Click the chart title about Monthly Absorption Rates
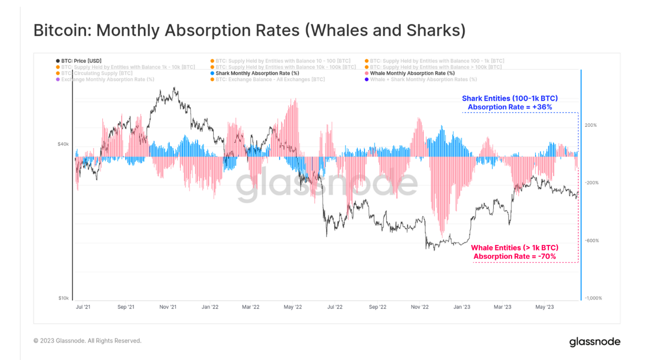[x=249, y=30]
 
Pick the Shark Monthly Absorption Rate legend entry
[x=257, y=73]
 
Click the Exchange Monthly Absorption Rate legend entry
[x=107, y=79]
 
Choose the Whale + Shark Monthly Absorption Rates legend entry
[x=423, y=79]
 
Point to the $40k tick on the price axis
[x=62, y=144]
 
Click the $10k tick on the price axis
[x=63, y=298]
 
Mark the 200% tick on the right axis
[x=591, y=125]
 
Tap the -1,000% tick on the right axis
[x=593, y=298]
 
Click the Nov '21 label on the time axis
[x=168, y=307]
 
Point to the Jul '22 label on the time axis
[x=335, y=307]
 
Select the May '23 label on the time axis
[x=544, y=307]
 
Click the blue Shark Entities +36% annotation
[x=510, y=103]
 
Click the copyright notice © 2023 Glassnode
[x=87, y=341]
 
